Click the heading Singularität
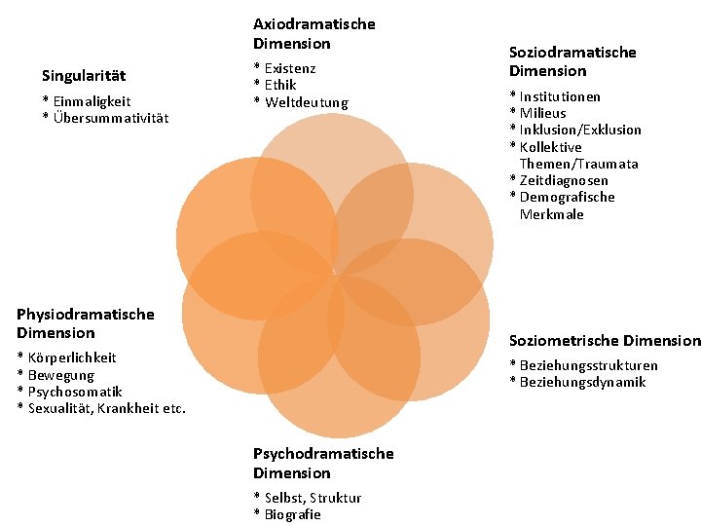click(84, 76)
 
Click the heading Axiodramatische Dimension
click(314, 33)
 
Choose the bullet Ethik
click(280, 85)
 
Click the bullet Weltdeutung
click(306, 102)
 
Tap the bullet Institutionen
click(560, 96)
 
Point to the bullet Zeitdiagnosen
click(564, 180)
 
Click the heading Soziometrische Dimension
click(605, 340)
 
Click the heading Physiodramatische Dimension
click(86, 323)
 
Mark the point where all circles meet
click(335, 275)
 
